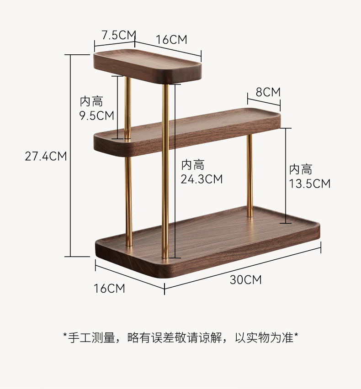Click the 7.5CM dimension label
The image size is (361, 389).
tap(119, 35)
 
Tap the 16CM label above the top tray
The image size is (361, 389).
tap(171, 40)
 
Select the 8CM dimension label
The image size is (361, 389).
tap(268, 92)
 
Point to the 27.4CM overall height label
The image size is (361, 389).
tap(46, 156)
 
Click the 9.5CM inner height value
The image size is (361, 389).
tap(96, 116)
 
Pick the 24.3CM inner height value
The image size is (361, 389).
tap(202, 179)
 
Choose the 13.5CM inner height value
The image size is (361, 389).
tap(309, 184)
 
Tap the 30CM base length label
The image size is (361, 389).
tap(245, 280)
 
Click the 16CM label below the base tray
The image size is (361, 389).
tap(109, 288)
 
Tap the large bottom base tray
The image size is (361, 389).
tap(208, 240)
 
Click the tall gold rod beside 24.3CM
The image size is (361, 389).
tap(165, 173)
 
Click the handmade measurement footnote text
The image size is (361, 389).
tap(180, 338)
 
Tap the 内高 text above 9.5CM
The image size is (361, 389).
tap(91, 101)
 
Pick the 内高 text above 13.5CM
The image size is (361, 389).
tap(300, 170)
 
